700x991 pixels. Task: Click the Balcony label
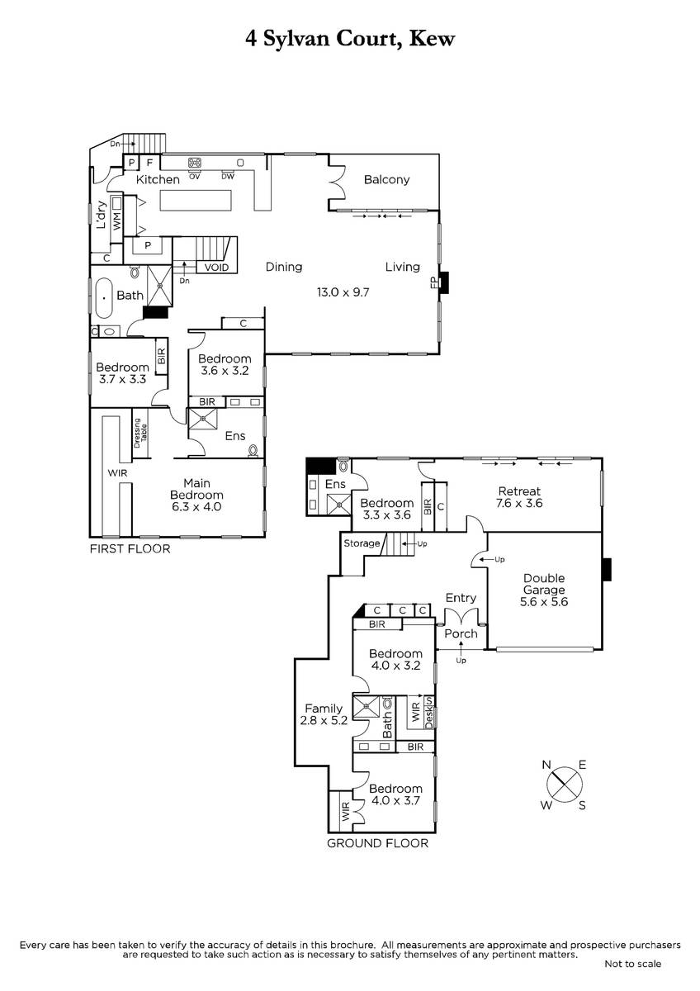click(386, 180)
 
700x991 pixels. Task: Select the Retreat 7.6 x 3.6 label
click(519, 497)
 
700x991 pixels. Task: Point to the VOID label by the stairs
click(216, 268)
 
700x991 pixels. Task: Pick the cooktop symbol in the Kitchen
click(195, 163)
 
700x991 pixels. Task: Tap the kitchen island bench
click(196, 201)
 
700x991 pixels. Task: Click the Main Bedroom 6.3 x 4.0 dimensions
click(196, 506)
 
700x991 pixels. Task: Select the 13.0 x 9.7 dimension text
click(343, 292)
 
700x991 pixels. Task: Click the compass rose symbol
click(565, 785)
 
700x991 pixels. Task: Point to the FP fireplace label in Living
click(434, 282)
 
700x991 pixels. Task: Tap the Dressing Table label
click(140, 433)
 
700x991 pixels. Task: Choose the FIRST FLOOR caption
click(130, 549)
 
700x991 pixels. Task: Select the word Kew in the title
click(432, 39)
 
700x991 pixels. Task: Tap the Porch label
click(461, 633)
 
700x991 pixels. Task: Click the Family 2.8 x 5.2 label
click(324, 714)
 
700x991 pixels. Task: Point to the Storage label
click(362, 543)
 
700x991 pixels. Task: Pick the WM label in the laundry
click(116, 220)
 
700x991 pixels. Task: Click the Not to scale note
click(632, 964)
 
